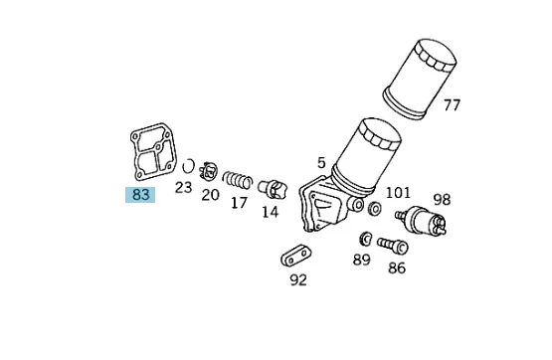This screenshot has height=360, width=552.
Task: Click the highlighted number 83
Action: (140, 195)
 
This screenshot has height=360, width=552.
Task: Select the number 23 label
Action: (183, 187)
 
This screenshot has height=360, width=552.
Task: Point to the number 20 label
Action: (210, 195)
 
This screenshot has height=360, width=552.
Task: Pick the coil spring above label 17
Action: (238, 179)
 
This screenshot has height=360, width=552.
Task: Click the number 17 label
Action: (239, 203)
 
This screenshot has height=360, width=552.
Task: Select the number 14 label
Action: (270, 212)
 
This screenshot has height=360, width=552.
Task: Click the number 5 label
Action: (321, 163)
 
